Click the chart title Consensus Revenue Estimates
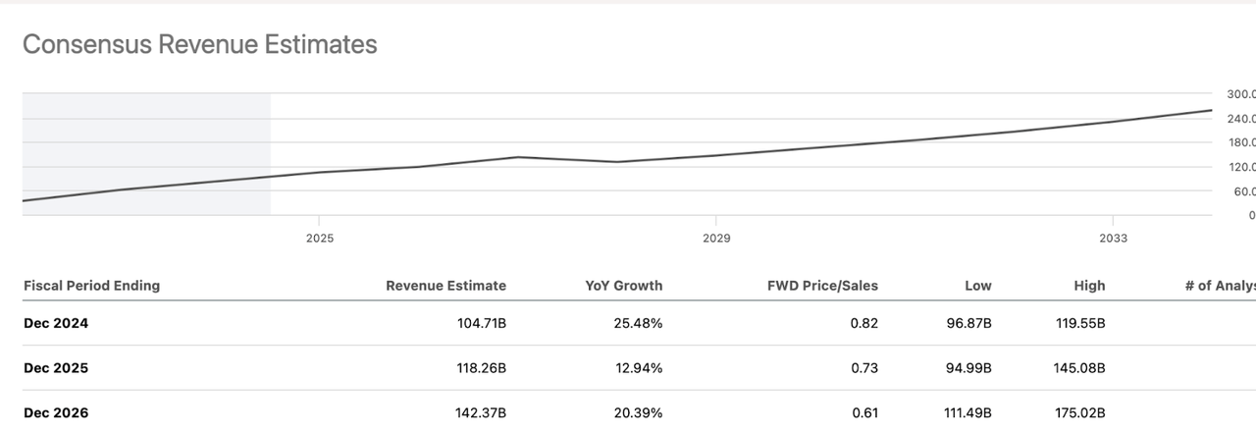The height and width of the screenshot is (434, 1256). pyautogui.click(x=199, y=44)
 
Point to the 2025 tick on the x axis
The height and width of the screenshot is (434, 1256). pyautogui.click(x=319, y=239)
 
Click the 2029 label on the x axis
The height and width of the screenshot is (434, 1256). pyautogui.click(x=716, y=239)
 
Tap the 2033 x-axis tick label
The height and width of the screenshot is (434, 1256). pyautogui.click(x=1113, y=239)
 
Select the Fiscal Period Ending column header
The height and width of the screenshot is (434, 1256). pyautogui.click(x=91, y=286)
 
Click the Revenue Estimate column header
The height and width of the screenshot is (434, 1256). pyautogui.click(x=445, y=286)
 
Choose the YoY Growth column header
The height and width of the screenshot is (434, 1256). pyautogui.click(x=623, y=286)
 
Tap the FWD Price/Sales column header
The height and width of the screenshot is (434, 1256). pyautogui.click(x=822, y=286)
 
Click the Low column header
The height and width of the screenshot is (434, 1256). pyautogui.click(x=977, y=286)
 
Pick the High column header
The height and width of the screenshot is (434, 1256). pyautogui.click(x=1089, y=286)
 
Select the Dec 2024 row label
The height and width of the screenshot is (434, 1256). pyautogui.click(x=56, y=323)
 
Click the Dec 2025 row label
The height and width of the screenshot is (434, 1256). pyautogui.click(x=56, y=368)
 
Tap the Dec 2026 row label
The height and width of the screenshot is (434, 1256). pyautogui.click(x=56, y=413)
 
